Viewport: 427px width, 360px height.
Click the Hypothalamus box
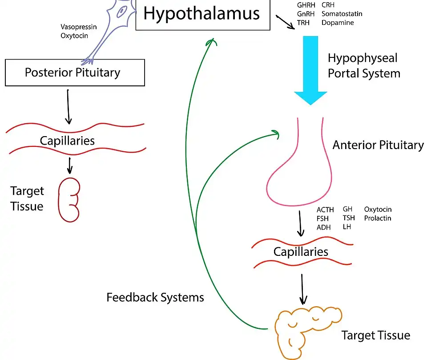[x=202, y=15]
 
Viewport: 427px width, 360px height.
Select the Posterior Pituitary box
[x=75, y=73]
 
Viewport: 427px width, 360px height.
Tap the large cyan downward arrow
[x=310, y=71]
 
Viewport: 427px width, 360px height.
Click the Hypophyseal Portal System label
[x=364, y=65]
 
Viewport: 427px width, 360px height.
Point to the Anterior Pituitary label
[x=378, y=145]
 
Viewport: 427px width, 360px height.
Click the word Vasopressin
[x=79, y=27]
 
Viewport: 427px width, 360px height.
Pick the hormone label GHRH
[x=306, y=5]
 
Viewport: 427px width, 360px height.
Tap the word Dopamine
[x=338, y=22]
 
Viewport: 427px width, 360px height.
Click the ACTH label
[x=325, y=210]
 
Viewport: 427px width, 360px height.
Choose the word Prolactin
[x=378, y=218]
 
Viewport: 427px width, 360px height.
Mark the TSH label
[x=349, y=218]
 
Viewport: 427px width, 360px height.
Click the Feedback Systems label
[x=155, y=297]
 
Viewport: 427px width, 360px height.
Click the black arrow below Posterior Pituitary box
[x=68, y=107]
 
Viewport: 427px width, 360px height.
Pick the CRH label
[x=328, y=5]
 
